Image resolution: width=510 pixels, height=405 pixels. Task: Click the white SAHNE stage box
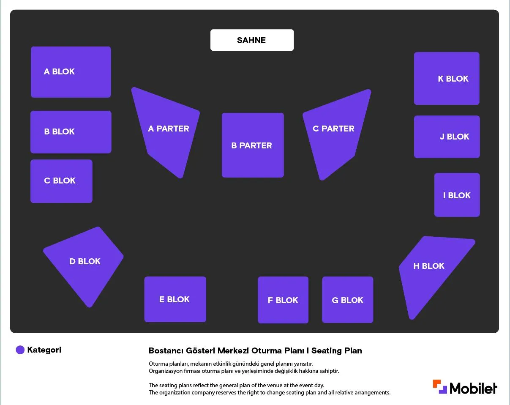[252, 40]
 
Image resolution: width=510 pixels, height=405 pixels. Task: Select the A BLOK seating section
[71, 72]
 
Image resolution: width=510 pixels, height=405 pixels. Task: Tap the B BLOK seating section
[71, 132]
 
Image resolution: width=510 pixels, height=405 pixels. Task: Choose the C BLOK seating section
[61, 181]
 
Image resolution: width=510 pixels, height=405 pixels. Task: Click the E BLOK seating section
[175, 299]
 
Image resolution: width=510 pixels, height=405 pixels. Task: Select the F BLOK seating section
[283, 300]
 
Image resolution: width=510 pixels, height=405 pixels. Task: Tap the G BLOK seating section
[347, 299]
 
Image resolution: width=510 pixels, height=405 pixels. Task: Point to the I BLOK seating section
[457, 194]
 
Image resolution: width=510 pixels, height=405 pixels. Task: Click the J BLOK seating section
[447, 137]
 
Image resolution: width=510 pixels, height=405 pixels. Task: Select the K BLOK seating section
[447, 78]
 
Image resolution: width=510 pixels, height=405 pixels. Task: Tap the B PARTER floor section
[253, 145]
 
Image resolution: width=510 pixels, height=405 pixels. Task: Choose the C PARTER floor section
[335, 133]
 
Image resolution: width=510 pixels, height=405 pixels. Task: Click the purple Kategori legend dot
[20, 350]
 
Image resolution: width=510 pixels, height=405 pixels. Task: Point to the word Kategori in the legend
[44, 350]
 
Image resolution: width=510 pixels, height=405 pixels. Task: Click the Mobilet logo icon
[440, 386]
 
